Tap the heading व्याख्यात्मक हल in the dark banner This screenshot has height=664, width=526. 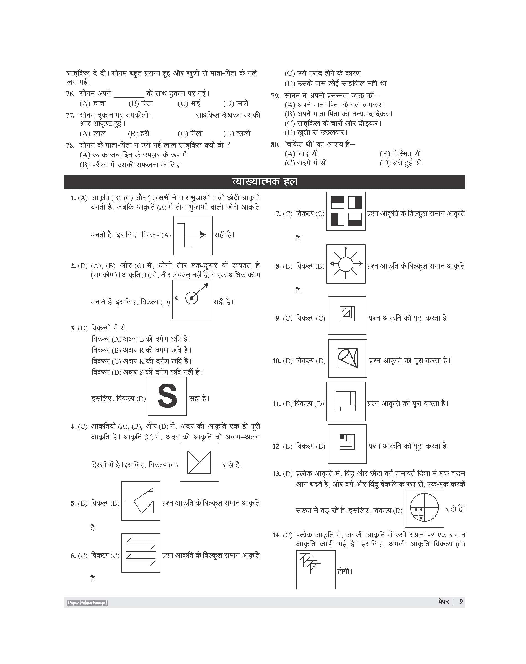click(x=264, y=182)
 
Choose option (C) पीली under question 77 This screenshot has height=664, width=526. click(x=190, y=134)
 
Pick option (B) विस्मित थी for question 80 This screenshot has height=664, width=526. click(x=400, y=153)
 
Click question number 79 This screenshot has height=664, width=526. click(x=275, y=96)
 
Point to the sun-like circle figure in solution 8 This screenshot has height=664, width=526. click(x=346, y=264)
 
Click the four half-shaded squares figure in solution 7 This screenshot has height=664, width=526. click(x=346, y=211)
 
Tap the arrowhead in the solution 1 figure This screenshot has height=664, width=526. click(x=202, y=235)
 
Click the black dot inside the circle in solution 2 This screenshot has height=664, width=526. click(x=191, y=298)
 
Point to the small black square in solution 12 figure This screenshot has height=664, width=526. click(x=341, y=436)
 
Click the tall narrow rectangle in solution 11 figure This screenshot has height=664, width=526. click(x=353, y=398)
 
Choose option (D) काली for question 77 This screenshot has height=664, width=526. click(x=237, y=134)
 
